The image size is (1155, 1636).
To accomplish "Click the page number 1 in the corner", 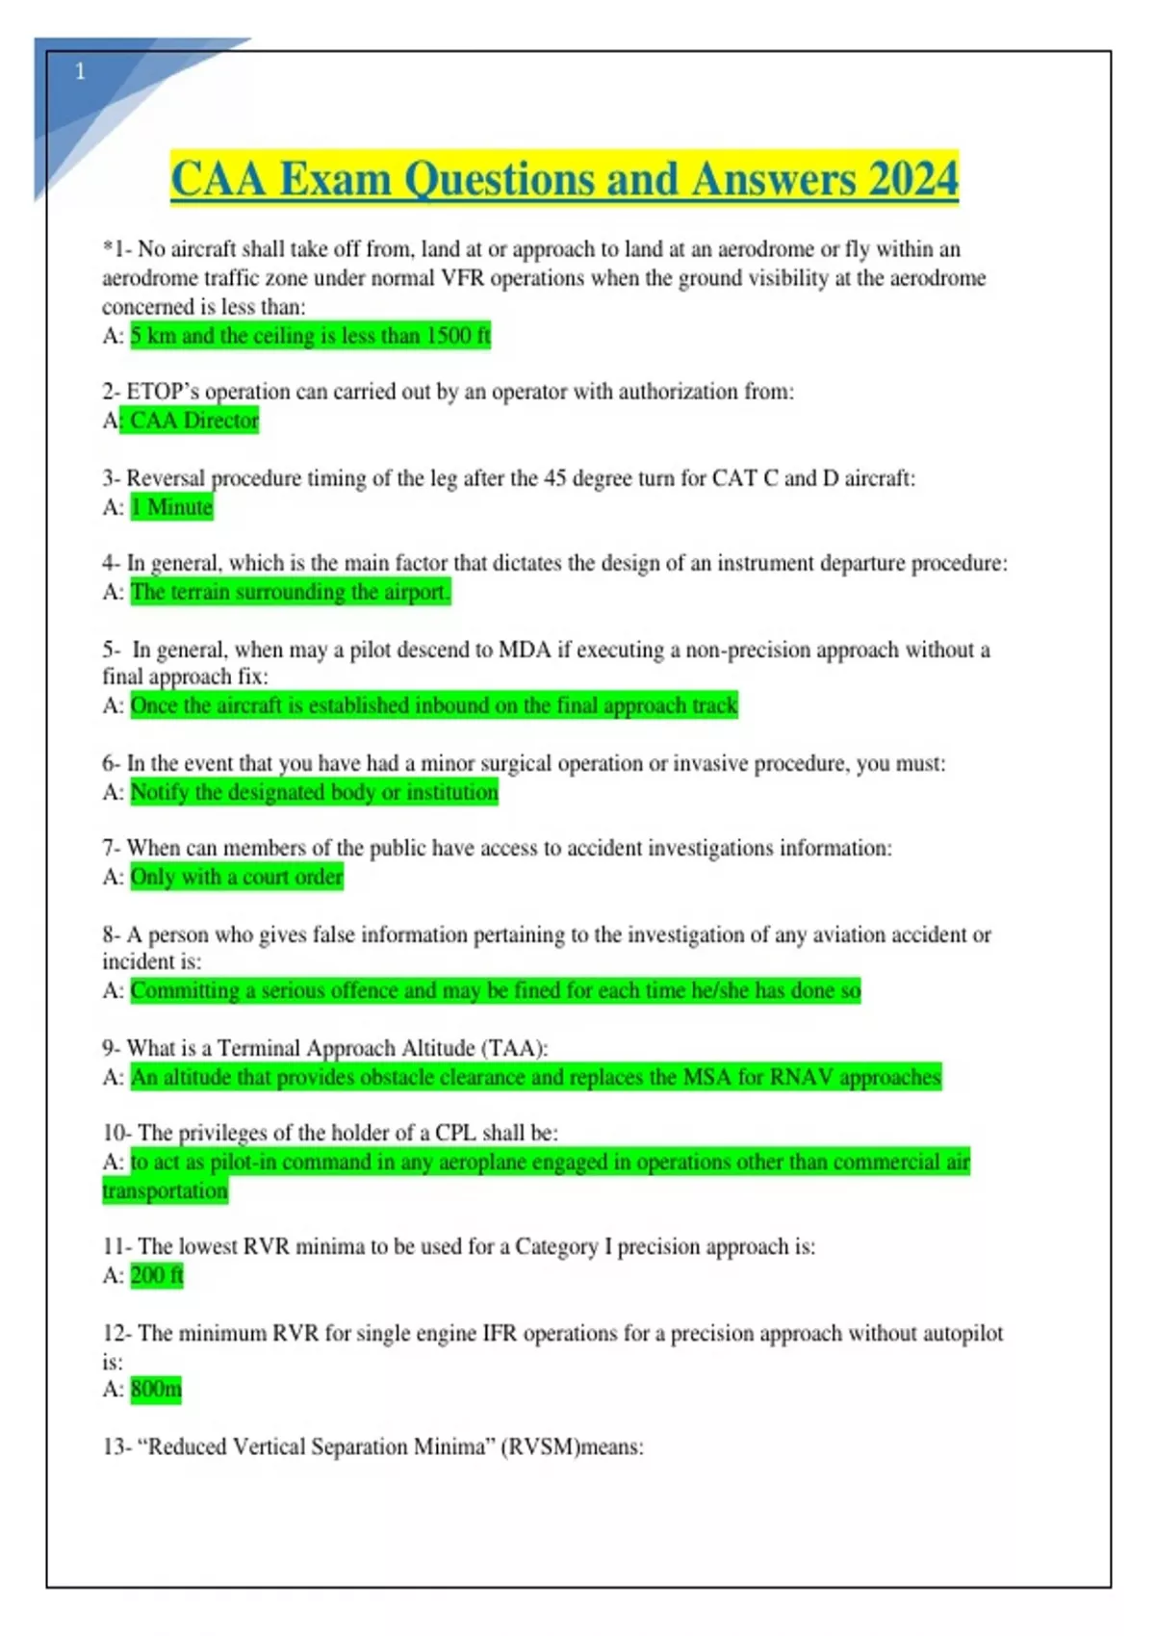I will pos(80,71).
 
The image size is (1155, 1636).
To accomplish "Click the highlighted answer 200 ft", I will pos(157,1275).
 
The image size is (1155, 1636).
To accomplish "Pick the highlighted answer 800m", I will pos(156,1389).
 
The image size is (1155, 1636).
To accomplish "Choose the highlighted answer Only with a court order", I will pos(237,877).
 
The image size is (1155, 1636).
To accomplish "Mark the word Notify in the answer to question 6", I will pos(160,792).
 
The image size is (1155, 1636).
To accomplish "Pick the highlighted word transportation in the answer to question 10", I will pos(166,1190).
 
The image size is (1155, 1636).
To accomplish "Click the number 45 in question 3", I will pos(555,478).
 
